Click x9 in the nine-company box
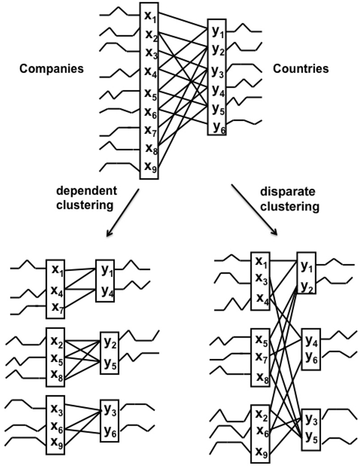coord(150,166)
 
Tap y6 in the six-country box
coord(218,126)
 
